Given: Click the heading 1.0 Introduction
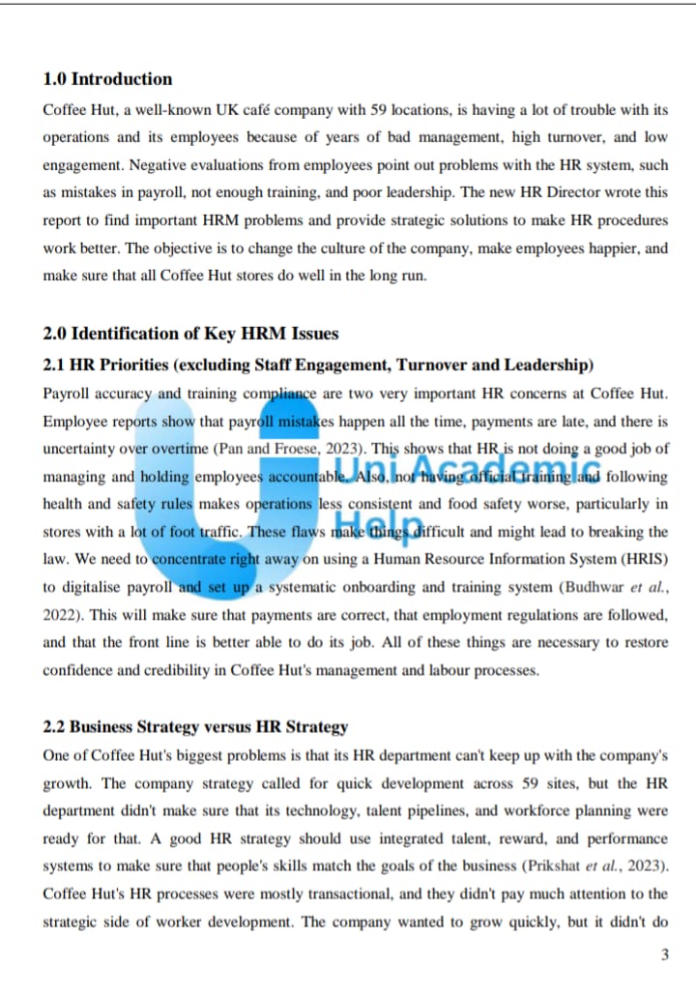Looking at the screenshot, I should [x=107, y=79].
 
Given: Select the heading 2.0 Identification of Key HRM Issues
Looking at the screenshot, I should [x=190, y=335].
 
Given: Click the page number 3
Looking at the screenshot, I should [x=664, y=955].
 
